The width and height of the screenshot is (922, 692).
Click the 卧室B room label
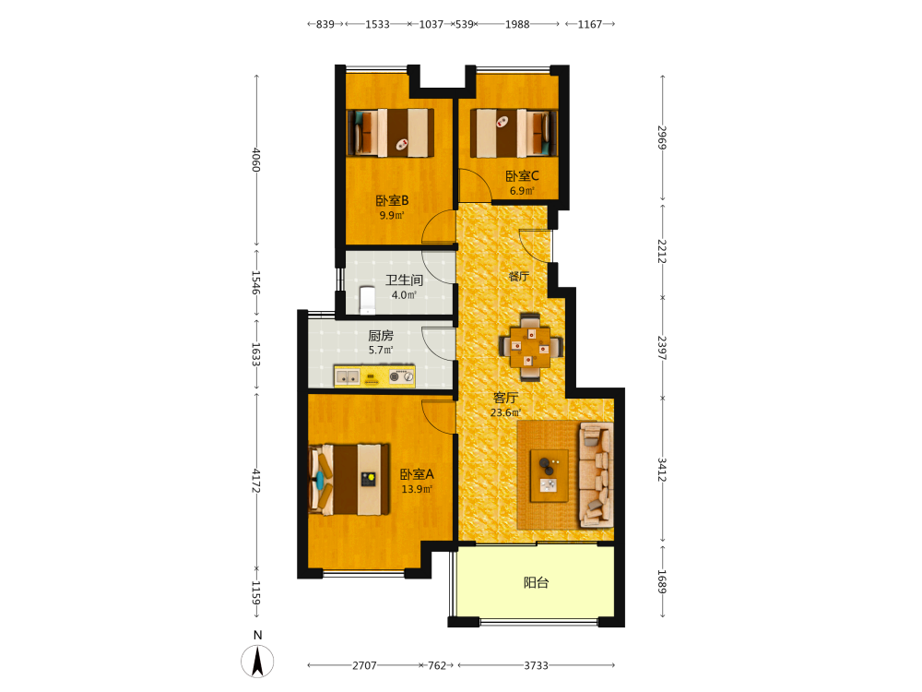pos(392,200)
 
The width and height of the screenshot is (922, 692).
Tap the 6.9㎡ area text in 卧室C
pos(522,191)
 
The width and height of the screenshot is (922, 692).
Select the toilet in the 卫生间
pos(368,300)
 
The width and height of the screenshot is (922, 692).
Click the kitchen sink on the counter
pos(347,376)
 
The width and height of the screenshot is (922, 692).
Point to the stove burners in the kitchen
pos(402,376)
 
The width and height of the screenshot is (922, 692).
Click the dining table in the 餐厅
pos(530,347)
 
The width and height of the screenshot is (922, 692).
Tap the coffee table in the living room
pos(550,475)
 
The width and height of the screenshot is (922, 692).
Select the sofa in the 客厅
pos(597,474)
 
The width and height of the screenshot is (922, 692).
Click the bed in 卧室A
pos(349,479)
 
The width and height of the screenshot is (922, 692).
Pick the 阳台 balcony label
pos(537,582)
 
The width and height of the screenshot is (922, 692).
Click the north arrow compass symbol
pos(257,661)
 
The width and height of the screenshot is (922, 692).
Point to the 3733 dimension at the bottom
pos(537,665)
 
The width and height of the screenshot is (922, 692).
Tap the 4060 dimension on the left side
pos(255,160)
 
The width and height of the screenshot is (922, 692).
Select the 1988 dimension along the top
pos(517,24)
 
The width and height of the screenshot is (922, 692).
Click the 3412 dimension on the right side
pos(662,470)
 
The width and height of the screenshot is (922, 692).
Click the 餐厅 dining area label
pos(518,276)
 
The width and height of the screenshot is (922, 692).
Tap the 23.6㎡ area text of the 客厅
pos(505,412)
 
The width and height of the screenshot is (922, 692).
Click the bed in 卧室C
pos(514,133)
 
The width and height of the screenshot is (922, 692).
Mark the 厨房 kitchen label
pos(381,336)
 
